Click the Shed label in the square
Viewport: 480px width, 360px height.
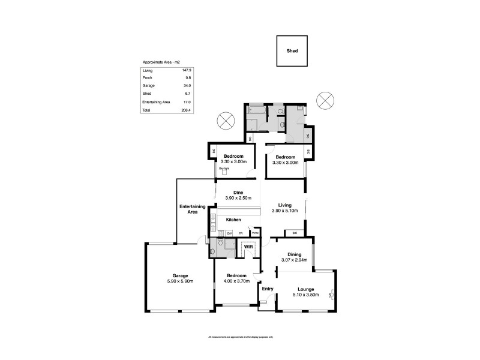point(292,52)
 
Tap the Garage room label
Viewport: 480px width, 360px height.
point(181,275)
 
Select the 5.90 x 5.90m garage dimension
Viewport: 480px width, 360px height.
point(181,281)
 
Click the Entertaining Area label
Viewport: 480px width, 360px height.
point(192,209)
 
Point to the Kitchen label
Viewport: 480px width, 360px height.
point(233,220)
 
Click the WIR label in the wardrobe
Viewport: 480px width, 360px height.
point(248,247)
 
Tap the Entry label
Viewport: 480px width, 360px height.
point(268,289)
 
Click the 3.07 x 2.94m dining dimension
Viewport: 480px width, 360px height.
point(295,260)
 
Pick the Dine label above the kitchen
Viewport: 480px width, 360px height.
point(238,193)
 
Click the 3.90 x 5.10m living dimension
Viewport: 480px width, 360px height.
point(285,211)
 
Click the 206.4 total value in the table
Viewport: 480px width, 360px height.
point(186,110)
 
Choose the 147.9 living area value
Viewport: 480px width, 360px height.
point(187,71)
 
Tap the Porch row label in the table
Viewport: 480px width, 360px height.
point(147,79)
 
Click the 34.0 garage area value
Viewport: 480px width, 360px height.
point(187,86)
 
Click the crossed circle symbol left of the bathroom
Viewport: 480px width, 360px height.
point(226,119)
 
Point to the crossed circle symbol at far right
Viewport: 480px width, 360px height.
point(325,100)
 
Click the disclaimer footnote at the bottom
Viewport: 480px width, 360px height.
point(240,337)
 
